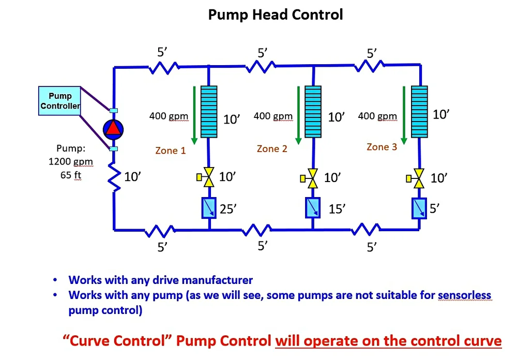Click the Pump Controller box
(60, 101)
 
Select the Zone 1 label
(170, 151)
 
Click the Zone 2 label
(272, 149)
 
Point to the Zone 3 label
(382, 147)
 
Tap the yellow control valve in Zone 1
(208, 177)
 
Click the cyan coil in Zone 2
(313, 112)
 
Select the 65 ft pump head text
(71, 175)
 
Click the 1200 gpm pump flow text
(71, 161)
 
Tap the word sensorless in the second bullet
(464, 296)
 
